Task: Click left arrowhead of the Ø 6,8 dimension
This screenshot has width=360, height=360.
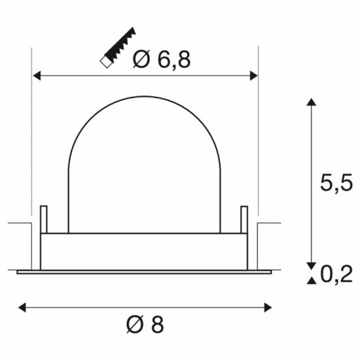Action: coord(37,76)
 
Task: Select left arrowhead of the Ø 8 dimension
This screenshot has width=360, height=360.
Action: coord(21,306)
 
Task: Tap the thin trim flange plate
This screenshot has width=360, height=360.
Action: coord(144,270)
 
